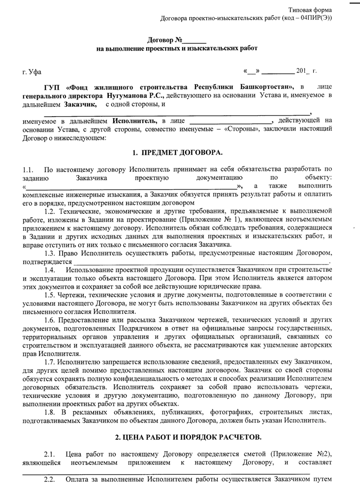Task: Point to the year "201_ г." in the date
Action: [306, 72]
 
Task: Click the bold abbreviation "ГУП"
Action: [52, 88]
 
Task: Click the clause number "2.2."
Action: [51, 480]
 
